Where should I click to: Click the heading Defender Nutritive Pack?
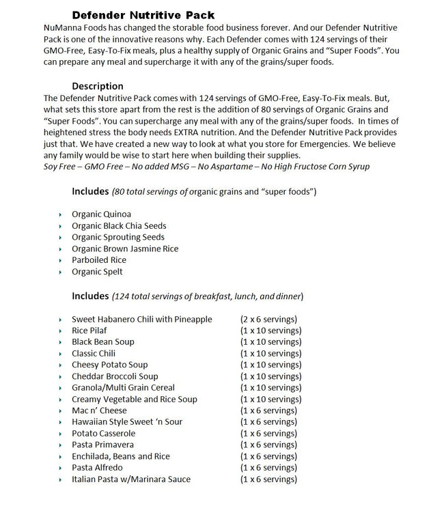pyautogui.click(x=143, y=14)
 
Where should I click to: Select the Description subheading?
pyautogui.click(x=98, y=87)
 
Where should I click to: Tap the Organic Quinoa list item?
pyautogui.click(x=101, y=214)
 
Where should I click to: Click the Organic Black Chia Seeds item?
pyautogui.click(x=119, y=226)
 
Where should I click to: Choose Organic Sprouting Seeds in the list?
pyautogui.click(x=118, y=238)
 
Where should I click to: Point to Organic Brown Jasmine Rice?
pyautogui.click(x=125, y=249)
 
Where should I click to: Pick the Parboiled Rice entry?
pyautogui.click(x=99, y=260)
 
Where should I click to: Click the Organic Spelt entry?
pyautogui.click(x=98, y=272)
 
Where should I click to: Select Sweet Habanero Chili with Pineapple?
pyautogui.click(x=142, y=319)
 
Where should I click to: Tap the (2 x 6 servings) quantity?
pyautogui.click(x=268, y=319)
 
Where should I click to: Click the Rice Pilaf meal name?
pyautogui.click(x=89, y=331)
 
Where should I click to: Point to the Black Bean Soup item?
pyautogui.click(x=103, y=342)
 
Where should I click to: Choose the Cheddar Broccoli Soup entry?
pyautogui.click(x=115, y=376)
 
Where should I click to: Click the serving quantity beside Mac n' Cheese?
pyautogui.click(x=268, y=410)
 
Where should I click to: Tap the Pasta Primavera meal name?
pyautogui.click(x=104, y=445)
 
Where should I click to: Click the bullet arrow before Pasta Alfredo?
pyautogui.click(x=61, y=468)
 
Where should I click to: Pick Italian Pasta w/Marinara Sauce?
pyautogui.click(x=131, y=479)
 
